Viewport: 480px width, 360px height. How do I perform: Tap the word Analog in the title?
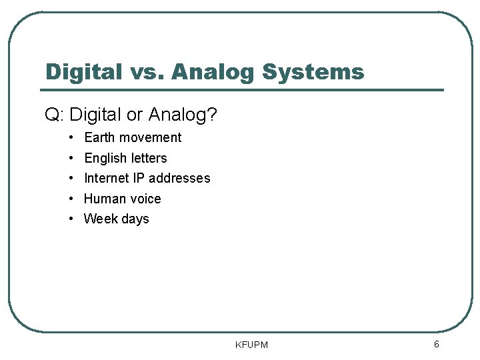(x=213, y=71)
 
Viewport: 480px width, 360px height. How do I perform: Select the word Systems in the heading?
(x=313, y=71)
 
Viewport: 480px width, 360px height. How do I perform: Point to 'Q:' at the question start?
(x=54, y=115)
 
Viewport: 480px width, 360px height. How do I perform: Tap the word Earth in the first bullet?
(x=99, y=137)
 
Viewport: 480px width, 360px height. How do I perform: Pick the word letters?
(x=149, y=158)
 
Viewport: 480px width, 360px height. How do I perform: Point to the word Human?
(x=103, y=199)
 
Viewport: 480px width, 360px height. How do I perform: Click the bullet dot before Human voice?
(x=71, y=199)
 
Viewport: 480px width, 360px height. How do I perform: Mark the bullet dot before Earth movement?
(x=71, y=137)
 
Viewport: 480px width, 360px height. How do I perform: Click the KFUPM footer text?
(x=251, y=345)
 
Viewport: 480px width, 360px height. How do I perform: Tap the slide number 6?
(x=436, y=344)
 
